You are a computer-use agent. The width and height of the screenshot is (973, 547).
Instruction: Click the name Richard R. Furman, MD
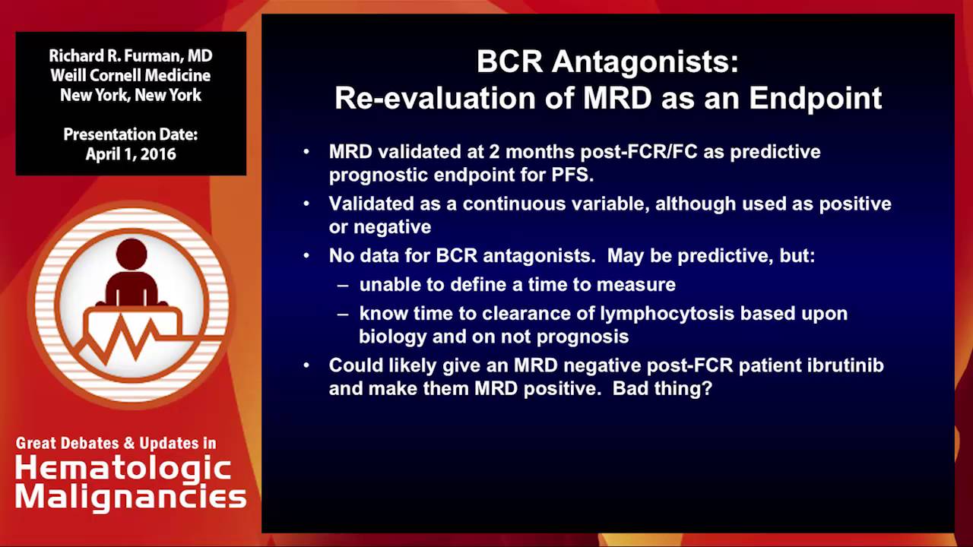point(130,56)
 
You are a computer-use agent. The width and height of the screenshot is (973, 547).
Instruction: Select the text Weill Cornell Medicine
point(130,76)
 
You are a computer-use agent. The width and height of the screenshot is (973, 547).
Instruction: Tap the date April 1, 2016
point(130,154)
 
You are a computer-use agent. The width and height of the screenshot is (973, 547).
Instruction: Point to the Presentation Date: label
point(130,134)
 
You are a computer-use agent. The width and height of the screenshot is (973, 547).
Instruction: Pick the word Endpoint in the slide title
point(815,98)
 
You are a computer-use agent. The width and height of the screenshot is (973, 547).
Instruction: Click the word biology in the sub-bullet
point(390,337)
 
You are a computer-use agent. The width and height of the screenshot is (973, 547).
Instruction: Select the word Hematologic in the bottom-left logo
point(123,468)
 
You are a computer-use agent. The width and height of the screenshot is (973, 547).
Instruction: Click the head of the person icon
point(132,255)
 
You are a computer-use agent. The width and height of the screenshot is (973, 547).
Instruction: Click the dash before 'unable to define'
point(344,285)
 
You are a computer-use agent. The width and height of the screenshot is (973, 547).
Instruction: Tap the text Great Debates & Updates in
point(116,443)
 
